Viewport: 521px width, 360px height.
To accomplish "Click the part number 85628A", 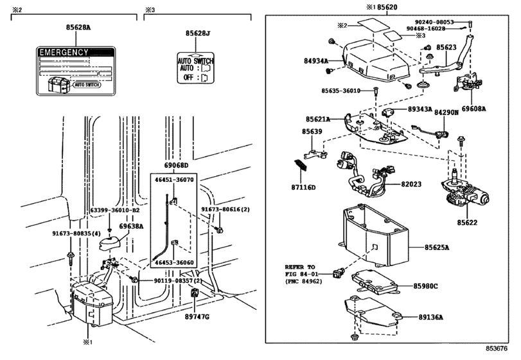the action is (x=78, y=28).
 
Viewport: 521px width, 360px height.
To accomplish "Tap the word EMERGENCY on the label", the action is (x=64, y=53).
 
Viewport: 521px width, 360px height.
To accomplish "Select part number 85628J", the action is (x=198, y=33).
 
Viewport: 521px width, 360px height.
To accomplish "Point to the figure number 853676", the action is (x=497, y=348).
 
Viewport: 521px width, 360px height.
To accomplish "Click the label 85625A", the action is (x=437, y=248).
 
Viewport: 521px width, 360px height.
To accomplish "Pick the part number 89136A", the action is (x=430, y=317).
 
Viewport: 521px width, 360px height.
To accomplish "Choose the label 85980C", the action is (x=426, y=286).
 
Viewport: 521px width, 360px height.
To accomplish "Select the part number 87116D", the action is (x=303, y=188).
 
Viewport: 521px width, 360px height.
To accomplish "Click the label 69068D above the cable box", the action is (x=176, y=166).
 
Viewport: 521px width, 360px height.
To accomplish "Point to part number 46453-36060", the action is (x=174, y=262).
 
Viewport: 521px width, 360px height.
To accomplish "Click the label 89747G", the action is (x=197, y=317).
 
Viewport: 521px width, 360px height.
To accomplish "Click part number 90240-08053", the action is (x=434, y=22).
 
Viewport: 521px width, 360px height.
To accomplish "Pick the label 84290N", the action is (x=446, y=113).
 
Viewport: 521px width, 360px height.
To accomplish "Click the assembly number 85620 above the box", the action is (x=387, y=7).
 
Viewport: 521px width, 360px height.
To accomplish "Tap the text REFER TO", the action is (x=300, y=267).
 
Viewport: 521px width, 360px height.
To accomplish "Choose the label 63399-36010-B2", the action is (x=115, y=210).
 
